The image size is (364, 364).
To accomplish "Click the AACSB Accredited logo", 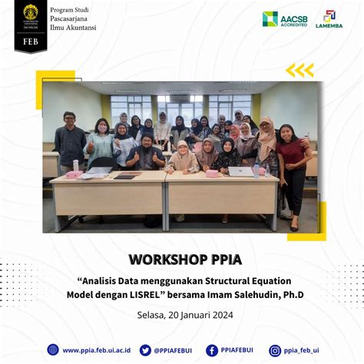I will point(285,19).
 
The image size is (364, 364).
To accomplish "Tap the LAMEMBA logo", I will point(329,19).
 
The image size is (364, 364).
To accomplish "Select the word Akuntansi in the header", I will point(81,28).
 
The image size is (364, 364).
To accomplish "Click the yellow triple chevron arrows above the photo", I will point(299,71).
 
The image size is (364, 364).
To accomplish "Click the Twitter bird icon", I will point(145,350).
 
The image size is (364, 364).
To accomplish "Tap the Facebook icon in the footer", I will point(212,350).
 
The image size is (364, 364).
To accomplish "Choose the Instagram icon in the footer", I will point(275,350).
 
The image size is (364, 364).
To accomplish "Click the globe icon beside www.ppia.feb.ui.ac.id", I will point(53,350).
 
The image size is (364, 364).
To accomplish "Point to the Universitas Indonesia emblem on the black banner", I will point(31,13).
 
